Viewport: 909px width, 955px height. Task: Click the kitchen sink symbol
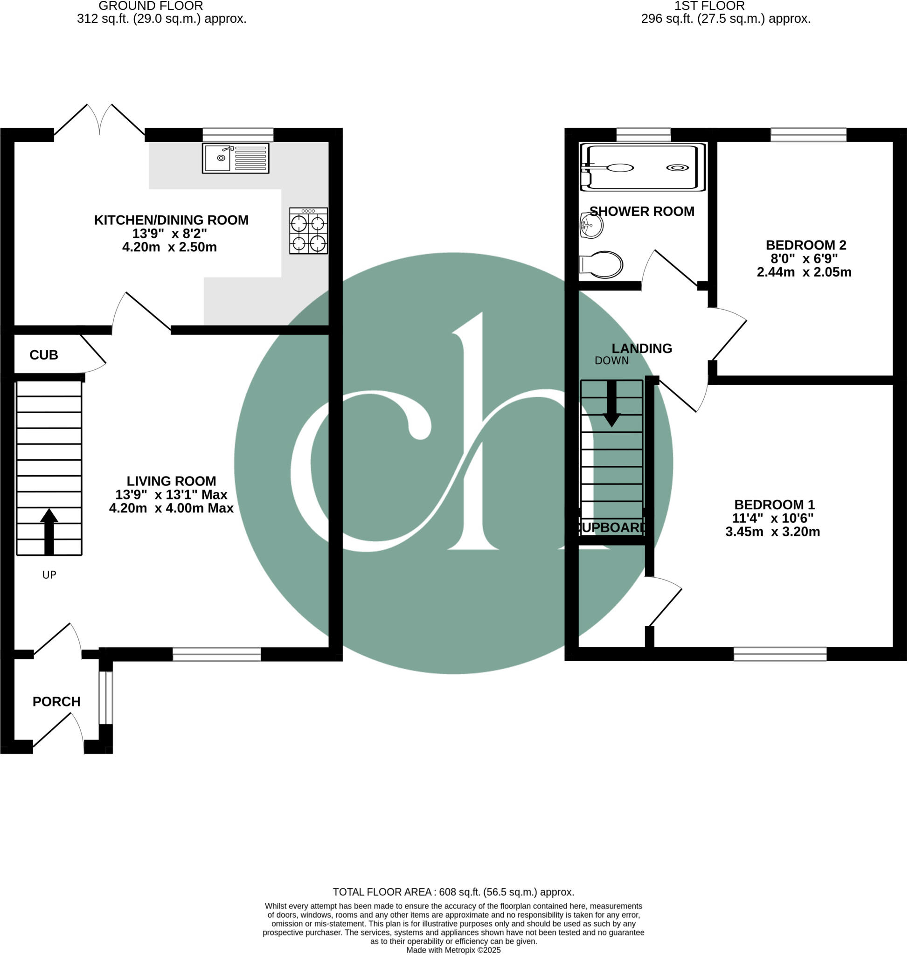[236, 158]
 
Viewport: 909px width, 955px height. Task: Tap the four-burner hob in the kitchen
[308, 231]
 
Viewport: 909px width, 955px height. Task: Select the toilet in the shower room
[601, 264]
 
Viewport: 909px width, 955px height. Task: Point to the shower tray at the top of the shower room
[643, 167]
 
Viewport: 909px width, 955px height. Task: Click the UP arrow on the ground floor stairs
[49, 531]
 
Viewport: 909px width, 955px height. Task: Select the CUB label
[44, 355]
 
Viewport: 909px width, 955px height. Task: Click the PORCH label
[56, 702]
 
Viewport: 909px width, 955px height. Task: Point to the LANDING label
[642, 348]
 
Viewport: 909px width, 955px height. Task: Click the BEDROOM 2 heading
[805, 245]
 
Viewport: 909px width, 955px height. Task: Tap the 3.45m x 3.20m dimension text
[772, 532]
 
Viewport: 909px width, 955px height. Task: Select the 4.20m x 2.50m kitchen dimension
[169, 247]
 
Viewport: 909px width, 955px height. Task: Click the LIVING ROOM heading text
[171, 481]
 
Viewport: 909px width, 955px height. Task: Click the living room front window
[216, 654]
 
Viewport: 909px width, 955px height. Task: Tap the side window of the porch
[105, 698]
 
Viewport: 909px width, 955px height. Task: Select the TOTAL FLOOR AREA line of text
[453, 892]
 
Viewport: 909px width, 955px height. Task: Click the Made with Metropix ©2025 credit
[453, 950]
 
